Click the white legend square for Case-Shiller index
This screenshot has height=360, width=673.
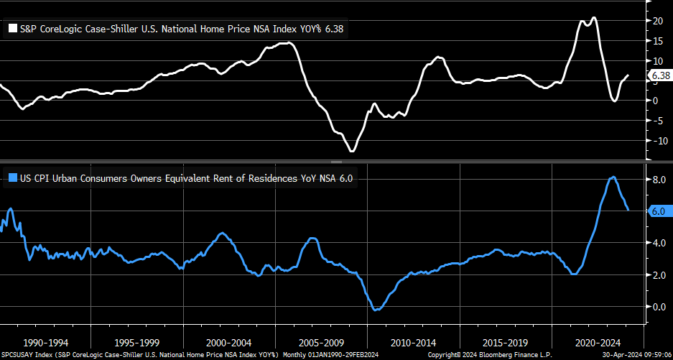(13, 29)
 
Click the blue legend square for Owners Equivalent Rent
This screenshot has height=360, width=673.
(13, 178)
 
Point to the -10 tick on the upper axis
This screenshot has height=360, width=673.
(656, 140)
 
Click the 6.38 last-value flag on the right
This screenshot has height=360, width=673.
(659, 75)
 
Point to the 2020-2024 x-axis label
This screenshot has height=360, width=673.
(598, 343)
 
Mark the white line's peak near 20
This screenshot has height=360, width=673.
(593, 17)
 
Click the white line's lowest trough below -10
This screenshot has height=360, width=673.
(352, 151)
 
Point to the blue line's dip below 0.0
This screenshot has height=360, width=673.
(375, 310)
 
